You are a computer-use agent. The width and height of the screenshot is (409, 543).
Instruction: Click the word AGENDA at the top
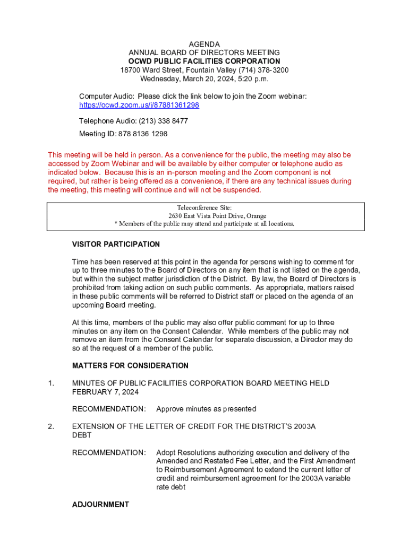pos(204,44)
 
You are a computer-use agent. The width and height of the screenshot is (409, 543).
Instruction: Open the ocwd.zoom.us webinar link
pos(139,105)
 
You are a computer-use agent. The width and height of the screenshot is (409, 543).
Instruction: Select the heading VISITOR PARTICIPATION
pos(116,244)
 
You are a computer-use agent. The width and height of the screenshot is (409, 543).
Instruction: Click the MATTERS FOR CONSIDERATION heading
pos(130,366)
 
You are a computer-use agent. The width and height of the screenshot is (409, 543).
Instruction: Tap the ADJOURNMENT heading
pos(100,505)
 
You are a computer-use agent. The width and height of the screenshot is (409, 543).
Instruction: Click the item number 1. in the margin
pos(51,383)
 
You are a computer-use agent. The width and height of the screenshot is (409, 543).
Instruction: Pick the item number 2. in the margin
pos(51,426)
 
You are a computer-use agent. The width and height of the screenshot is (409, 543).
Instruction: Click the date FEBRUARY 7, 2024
pos(106,392)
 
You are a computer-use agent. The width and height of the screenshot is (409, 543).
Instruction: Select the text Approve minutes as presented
pos(206,409)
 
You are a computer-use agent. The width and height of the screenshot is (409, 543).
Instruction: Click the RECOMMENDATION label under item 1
pos(109,409)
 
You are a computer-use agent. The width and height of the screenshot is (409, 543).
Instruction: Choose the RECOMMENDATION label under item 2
pos(109,452)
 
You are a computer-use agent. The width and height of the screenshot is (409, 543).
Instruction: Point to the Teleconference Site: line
pos(204,208)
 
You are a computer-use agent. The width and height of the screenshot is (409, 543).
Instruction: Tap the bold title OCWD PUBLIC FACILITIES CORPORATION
pos(204,62)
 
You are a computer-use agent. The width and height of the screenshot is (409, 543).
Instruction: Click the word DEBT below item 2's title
pos(82,435)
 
